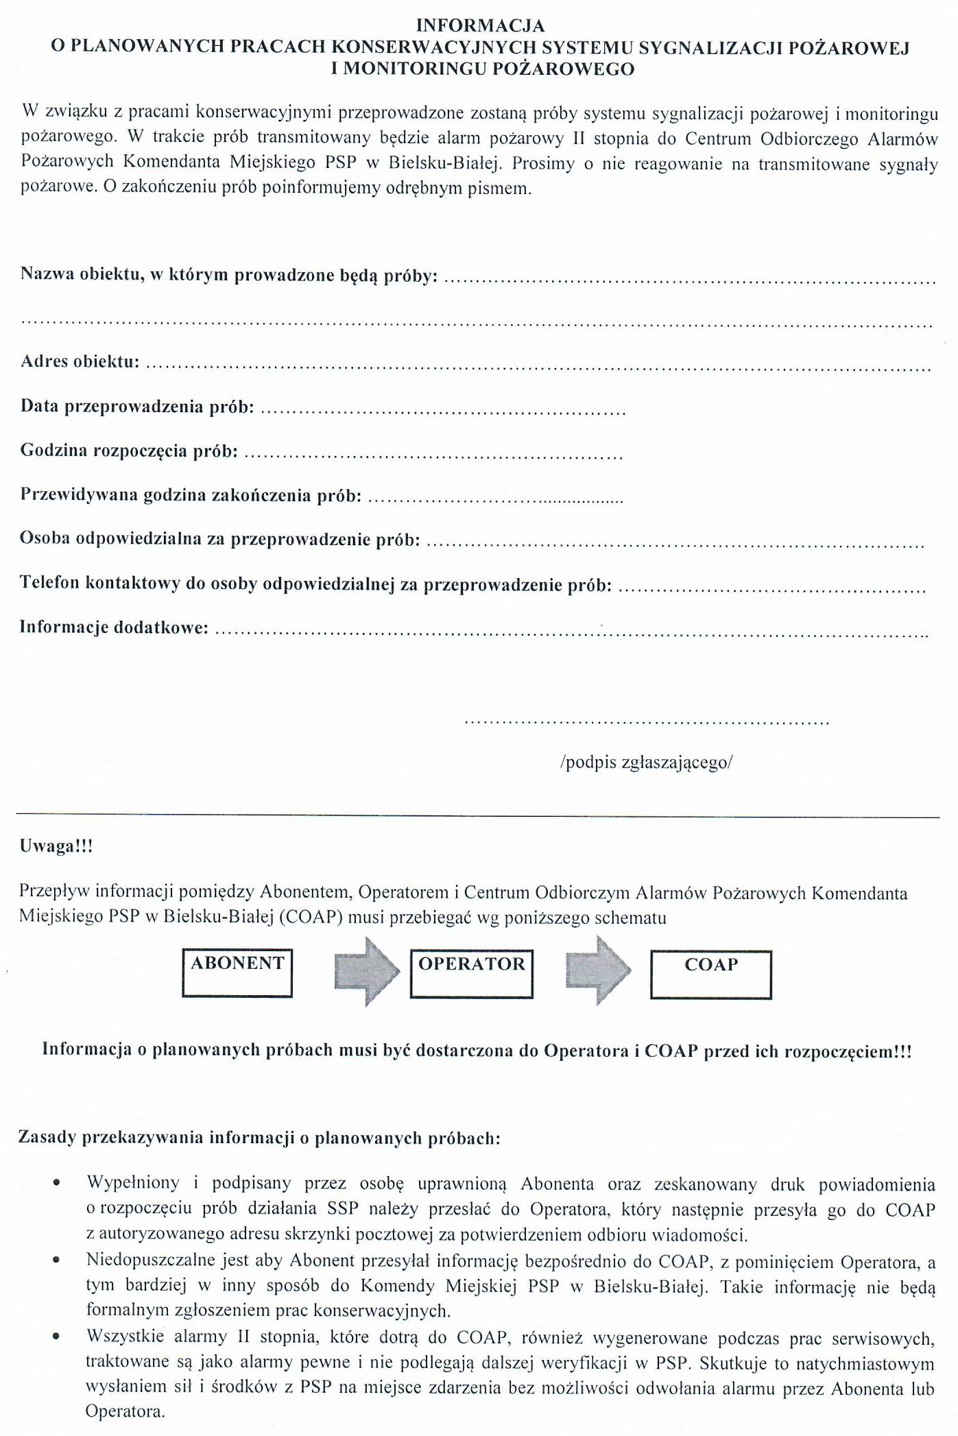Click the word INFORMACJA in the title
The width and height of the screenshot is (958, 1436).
(481, 25)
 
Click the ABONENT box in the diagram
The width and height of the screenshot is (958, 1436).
(237, 972)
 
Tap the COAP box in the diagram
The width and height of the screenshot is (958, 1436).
(710, 973)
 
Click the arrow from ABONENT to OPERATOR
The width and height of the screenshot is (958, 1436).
(367, 972)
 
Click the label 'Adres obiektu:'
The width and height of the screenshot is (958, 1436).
(80, 361)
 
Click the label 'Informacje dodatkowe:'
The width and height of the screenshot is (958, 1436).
(114, 627)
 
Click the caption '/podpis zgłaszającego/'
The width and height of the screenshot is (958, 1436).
(646, 763)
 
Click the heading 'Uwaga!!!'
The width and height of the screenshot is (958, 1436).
(56, 846)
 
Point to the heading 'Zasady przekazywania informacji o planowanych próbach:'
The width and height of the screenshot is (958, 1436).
(260, 1138)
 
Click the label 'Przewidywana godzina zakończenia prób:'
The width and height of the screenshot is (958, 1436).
(191, 495)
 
